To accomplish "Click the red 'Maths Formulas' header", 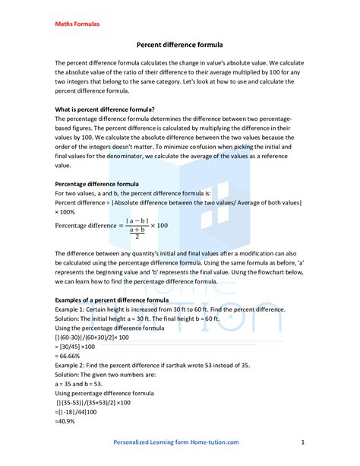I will [x=77, y=24].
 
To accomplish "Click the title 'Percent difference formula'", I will [x=179, y=46].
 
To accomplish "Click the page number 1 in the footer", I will [x=302, y=442].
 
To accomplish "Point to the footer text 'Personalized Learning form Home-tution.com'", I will [x=176, y=442].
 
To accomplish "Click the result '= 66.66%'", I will [x=71, y=356].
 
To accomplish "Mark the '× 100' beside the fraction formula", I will [x=158, y=226].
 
